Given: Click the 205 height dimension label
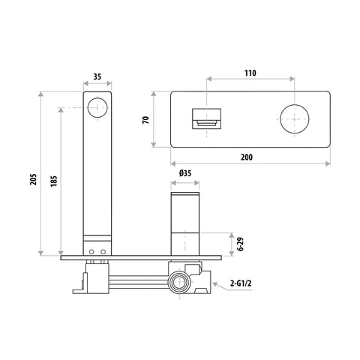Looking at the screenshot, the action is (x=33, y=179).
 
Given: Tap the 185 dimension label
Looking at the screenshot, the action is (x=53, y=181).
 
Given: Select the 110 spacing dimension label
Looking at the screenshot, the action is (x=250, y=73).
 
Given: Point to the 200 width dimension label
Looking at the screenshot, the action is (x=247, y=157).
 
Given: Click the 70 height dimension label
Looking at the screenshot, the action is (x=145, y=120).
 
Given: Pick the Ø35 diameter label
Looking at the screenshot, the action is (x=185, y=172).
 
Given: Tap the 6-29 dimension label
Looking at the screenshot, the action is (x=241, y=244).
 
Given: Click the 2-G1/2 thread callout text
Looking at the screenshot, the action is (x=241, y=283).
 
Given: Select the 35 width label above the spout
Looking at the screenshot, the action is (x=97, y=76).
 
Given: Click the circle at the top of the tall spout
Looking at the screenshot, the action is (x=97, y=107).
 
